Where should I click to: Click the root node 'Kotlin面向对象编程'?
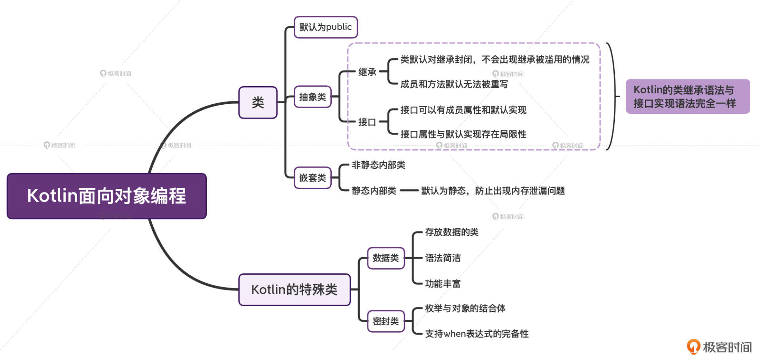[107, 196]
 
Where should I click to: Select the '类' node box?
[258, 103]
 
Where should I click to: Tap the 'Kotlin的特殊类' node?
[295, 290]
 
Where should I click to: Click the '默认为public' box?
[325, 27]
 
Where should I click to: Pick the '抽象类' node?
[312, 97]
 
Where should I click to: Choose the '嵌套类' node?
[312, 178]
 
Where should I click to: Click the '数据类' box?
[385, 258]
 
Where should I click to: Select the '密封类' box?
[385, 321]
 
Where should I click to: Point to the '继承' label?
[367, 72]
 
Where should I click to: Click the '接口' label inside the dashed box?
[367, 122]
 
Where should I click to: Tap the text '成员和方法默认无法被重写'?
[454, 84]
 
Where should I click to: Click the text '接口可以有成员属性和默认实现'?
[463, 110]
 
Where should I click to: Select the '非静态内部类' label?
[378, 165]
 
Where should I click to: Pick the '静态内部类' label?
[374, 191]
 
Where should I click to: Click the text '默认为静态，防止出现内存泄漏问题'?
[493, 191]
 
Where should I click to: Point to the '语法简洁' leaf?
[443, 258]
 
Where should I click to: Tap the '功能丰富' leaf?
[443, 284]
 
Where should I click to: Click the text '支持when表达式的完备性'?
[476, 334]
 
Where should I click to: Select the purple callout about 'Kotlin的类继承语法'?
[687, 96]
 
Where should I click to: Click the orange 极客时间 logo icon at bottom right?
[693, 347]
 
